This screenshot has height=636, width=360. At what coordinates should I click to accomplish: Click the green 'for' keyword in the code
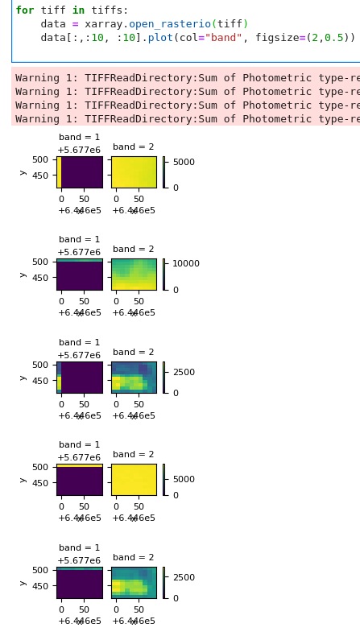point(24,10)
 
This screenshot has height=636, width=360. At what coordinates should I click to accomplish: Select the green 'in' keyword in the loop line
point(79,10)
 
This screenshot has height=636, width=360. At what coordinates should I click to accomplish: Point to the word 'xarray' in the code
point(104,24)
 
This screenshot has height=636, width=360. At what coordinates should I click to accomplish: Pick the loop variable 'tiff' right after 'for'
point(53,10)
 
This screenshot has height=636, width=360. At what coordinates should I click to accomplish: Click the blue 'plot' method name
point(160,38)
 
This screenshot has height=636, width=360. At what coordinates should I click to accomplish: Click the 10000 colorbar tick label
point(186,264)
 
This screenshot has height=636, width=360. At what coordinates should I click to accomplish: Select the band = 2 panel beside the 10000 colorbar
point(134,274)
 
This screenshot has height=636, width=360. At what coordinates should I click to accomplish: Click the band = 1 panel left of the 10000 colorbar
point(80,274)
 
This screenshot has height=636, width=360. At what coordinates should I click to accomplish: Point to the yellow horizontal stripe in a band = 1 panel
point(80,465)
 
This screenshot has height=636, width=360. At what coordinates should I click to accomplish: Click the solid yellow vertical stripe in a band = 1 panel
point(59,171)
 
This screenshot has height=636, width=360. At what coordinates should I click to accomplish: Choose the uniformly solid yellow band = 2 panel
point(134,479)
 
